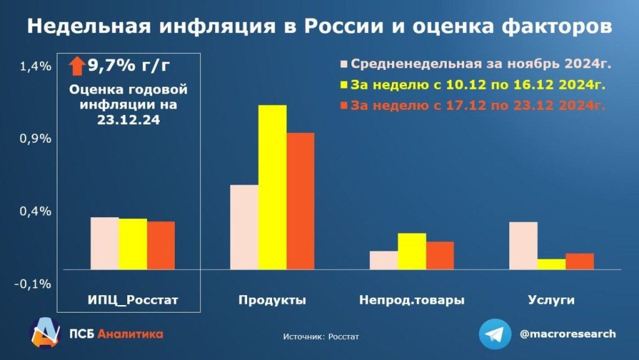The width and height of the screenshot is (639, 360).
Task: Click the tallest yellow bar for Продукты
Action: point(273,187)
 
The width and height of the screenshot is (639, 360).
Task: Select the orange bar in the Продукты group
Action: point(300,201)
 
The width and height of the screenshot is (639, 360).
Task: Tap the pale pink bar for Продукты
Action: point(244,227)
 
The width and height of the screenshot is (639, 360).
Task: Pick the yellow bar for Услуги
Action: point(551,264)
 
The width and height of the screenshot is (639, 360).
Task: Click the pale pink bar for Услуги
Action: point(523,246)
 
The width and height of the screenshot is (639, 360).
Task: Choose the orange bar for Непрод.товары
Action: point(440,256)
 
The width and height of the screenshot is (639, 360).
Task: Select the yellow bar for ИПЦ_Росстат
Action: point(133,244)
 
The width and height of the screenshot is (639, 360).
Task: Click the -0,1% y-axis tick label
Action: point(35,284)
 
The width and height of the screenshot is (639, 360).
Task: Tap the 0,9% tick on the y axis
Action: point(35,139)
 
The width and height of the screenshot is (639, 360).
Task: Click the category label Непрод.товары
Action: point(412,300)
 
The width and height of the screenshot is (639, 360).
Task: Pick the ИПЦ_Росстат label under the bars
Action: point(133,300)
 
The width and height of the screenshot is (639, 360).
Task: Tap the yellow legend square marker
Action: point(344,85)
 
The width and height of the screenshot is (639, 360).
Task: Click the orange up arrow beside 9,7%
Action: point(77,65)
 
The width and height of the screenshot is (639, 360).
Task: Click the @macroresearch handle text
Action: point(567,334)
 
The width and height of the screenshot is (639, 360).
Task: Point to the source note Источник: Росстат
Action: point(321,337)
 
